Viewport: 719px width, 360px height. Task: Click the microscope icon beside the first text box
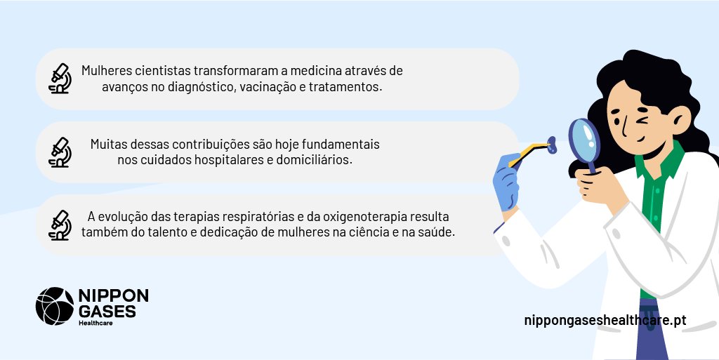click(x=60, y=79)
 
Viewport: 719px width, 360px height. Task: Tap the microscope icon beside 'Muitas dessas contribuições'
click(x=60, y=152)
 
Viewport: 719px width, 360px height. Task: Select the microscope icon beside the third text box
click(x=60, y=225)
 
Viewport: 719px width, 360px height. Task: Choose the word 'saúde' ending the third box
click(x=439, y=232)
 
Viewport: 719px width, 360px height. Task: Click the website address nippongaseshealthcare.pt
click(x=605, y=320)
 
